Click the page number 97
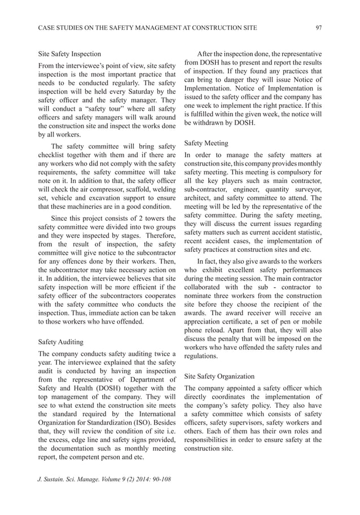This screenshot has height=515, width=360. pos(318,27)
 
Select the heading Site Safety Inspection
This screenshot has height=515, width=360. pos(69,54)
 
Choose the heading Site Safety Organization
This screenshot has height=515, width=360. pos(219,376)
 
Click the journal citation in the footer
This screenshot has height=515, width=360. pos(104,479)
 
